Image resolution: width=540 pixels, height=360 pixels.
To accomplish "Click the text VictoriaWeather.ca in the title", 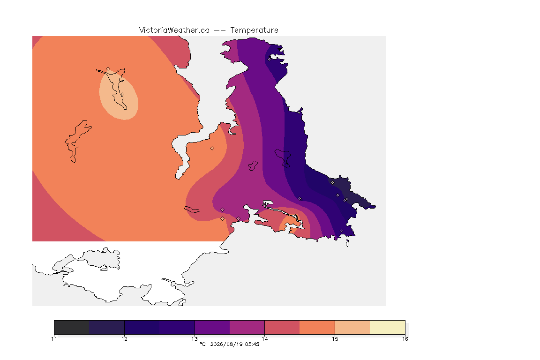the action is point(174,30).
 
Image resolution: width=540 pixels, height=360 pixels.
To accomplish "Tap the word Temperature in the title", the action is point(254,30).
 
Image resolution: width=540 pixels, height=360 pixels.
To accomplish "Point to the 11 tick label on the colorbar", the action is point(54,339).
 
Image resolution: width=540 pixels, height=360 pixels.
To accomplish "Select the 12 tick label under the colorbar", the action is point(124,339).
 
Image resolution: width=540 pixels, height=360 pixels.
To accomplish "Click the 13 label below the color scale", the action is point(195,339).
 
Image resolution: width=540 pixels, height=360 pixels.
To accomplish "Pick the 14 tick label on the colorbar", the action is point(264,339).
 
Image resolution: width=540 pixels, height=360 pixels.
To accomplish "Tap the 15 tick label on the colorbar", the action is point(335,339).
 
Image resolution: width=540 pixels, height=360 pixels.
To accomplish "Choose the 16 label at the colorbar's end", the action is point(405,339).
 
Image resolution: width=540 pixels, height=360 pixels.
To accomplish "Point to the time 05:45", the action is point(252,344).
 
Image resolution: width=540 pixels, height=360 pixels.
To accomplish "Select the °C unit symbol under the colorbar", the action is point(202,344).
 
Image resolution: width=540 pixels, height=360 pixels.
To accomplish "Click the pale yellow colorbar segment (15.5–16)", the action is point(388,327).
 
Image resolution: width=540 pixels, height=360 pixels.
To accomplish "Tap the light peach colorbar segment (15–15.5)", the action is point(352,327).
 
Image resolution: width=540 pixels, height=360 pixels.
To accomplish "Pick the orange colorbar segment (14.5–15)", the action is point(317,327).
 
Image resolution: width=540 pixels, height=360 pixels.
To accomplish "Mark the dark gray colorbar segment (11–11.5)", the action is point(72,327).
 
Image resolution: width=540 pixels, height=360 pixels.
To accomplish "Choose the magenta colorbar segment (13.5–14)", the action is point(247,327).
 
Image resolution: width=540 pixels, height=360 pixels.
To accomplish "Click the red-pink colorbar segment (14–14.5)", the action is point(282,327).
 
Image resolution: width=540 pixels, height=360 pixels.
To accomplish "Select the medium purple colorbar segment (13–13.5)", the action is point(212,327).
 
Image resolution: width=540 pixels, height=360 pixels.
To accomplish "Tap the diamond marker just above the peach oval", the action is point(108,69).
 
